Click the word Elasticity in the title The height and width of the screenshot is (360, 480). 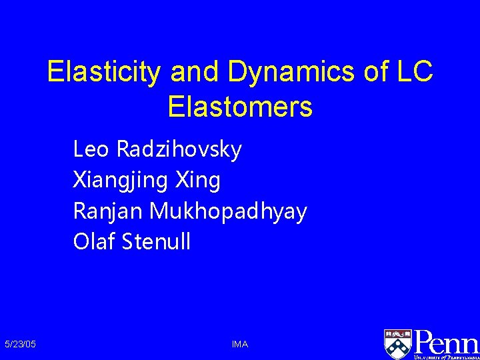[103, 73]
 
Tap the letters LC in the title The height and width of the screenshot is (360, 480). [413, 73]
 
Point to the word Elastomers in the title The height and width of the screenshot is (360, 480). [240, 107]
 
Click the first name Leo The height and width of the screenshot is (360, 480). [92, 149]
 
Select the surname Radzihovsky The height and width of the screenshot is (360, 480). [179, 149]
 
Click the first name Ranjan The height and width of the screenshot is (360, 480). [108, 211]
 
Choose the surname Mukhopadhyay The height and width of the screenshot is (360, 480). [229, 211]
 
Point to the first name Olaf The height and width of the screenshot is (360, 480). [94, 242]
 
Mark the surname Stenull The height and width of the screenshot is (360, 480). [157, 242]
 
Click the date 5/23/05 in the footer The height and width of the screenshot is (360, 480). [20, 344]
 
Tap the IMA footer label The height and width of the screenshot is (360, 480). [240, 344]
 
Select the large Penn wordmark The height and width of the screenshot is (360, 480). [446, 341]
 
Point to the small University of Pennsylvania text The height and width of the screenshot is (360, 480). [446, 357]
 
